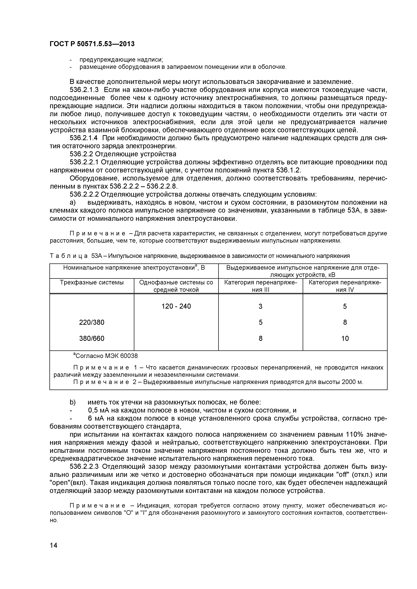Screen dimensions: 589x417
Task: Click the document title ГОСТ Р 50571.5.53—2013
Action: [x=92, y=44]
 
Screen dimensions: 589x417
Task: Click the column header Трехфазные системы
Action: [x=92, y=282]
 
